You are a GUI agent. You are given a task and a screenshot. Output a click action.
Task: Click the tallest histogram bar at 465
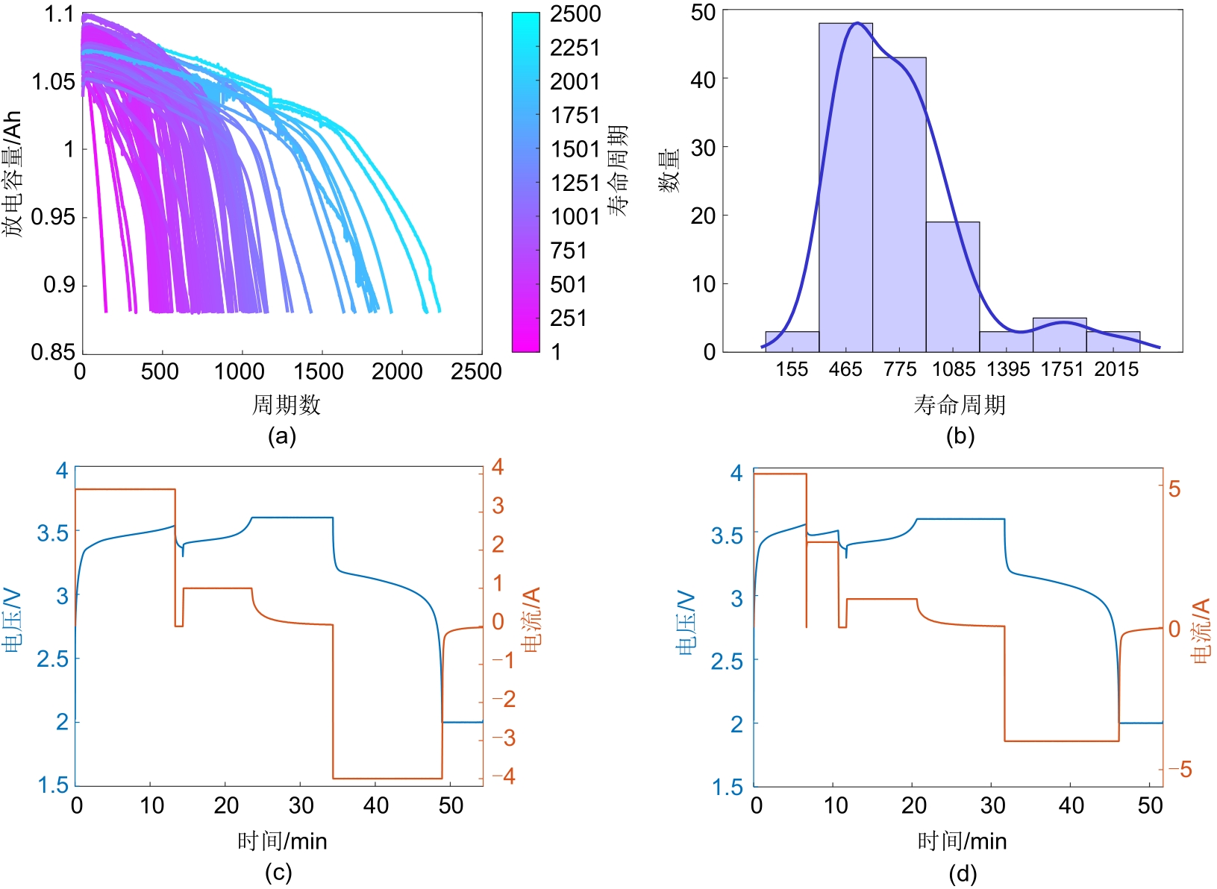tap(845, 186)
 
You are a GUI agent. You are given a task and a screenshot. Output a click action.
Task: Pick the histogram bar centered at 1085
tap(953, 286)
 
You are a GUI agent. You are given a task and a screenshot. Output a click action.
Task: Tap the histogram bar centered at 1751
tap(1060, 335)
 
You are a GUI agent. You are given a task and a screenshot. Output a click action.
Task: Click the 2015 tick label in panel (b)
tap(1116, 369)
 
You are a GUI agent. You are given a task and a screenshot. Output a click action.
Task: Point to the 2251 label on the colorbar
tap(575, 48)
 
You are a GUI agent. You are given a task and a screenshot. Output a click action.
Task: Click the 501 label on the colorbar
tap(569, 284)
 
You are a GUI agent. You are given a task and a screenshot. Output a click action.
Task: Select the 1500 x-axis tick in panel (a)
tap(318, 371)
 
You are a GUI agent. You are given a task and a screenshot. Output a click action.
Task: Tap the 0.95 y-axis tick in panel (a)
tap(54, 217)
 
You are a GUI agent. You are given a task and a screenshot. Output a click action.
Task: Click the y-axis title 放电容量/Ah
tap(13, 175)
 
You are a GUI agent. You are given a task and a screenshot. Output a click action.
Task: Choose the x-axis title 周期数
tap(286, 405)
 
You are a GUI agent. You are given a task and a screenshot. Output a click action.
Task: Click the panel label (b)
tap(960, 436)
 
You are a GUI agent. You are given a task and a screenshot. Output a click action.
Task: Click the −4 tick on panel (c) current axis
tap(503, 776)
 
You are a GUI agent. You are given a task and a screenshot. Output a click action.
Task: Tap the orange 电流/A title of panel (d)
tap(1201, 630)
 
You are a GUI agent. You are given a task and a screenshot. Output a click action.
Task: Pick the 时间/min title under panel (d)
tap(962, 841)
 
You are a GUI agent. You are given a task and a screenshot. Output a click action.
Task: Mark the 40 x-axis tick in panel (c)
tap(376, 805)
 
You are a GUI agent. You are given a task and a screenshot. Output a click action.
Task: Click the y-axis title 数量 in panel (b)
tap(669, 171)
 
